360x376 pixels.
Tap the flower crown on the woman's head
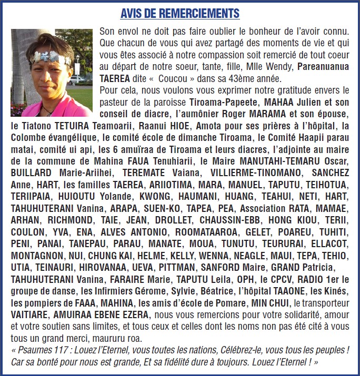coord(51,57)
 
